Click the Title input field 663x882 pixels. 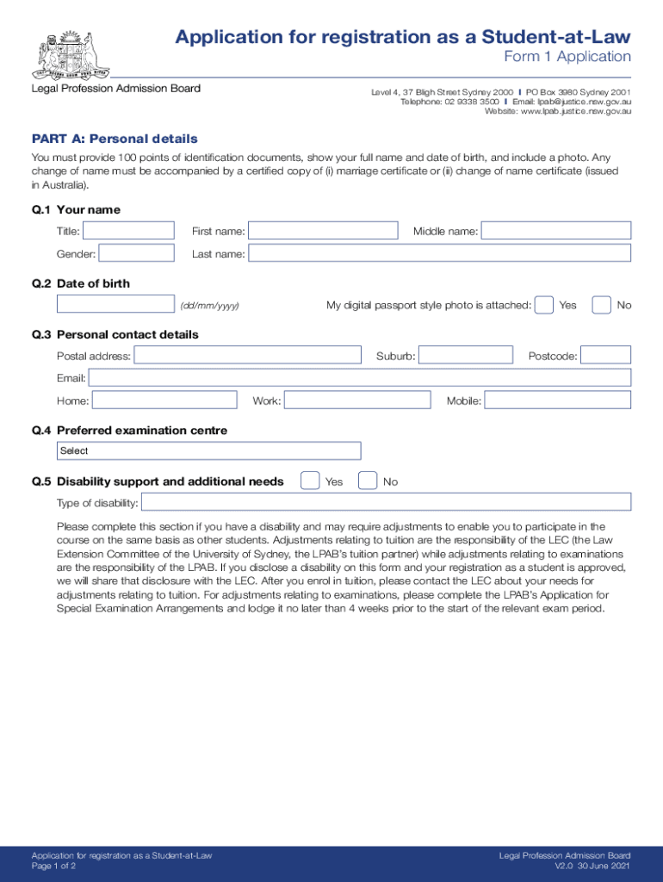[128, 231]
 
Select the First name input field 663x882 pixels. [323, 231]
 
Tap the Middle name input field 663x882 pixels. [555, 231]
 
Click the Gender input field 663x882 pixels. [136, 253]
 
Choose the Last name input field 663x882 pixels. [439, 253]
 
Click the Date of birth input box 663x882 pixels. [115, 304]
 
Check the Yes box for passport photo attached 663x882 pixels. [544, 305]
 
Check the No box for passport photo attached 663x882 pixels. [602, 305]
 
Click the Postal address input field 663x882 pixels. [248, 355]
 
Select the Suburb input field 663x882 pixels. [464, 355]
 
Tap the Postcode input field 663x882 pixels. [606, 355]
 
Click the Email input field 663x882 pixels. [360, 377]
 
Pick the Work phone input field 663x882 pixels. [357, 400]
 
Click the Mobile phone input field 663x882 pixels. [557, 400]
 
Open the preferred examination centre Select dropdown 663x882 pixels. [208, 450]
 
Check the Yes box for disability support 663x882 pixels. [310, 481]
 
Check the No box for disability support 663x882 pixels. [368, 481]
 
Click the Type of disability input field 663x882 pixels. [386, 502]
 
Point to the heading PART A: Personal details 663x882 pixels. [115, 139]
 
